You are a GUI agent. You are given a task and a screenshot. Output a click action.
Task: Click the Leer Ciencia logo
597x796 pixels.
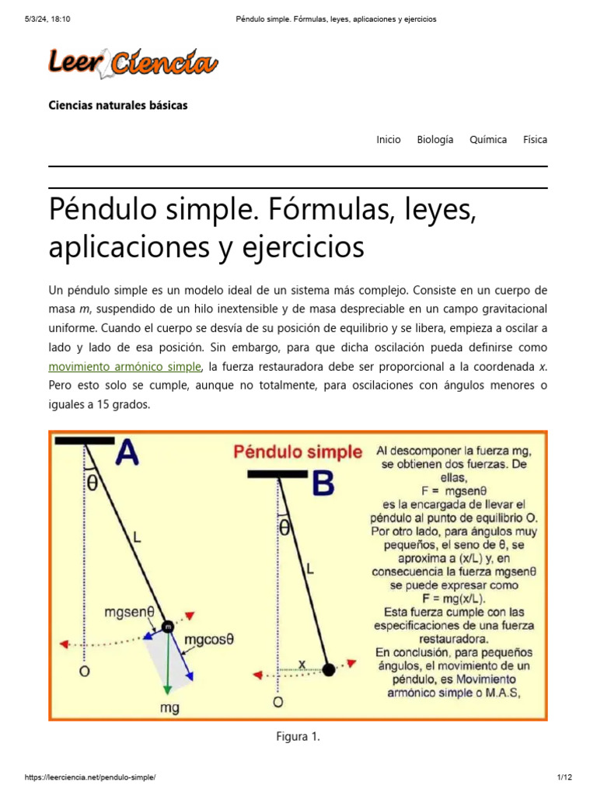point(133,63)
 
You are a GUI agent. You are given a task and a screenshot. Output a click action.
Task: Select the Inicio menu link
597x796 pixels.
point(389,140)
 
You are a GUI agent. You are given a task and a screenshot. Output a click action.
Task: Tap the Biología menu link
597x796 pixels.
point(435,140)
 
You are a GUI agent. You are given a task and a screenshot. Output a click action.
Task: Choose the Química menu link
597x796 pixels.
point(488,140)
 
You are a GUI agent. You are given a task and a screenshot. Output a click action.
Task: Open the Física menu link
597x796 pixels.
point(535,140)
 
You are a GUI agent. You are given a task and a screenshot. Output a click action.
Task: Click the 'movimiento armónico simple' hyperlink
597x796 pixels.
point(125,366)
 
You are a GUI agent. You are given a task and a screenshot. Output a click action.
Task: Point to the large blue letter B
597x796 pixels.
point(322,485)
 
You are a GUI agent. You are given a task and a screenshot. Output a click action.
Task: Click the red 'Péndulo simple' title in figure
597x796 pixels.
point(298,452)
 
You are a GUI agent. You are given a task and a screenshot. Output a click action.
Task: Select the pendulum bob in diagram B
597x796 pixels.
point(329,669)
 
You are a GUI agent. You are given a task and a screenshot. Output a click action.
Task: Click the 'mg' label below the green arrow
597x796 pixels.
point(169,709)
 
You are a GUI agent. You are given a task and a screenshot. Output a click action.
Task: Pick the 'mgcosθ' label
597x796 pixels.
point(209,640)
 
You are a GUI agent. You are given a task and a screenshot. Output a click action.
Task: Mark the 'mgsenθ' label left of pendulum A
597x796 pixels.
point(132,612)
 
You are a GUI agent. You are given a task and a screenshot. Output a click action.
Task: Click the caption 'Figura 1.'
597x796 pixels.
point(298,737)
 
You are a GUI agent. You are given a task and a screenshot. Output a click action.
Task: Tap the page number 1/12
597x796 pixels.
point(564,777)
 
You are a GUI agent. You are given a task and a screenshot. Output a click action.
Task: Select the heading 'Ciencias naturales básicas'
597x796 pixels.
point(118,105)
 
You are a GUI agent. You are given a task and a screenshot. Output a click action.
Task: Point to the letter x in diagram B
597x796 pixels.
point(302,664)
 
